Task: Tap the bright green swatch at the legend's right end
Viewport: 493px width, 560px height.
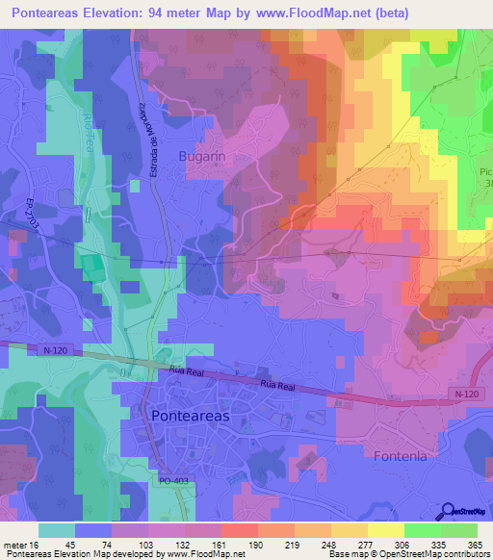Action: [459, 529]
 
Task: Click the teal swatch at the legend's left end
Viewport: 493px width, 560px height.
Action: [57, 529]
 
